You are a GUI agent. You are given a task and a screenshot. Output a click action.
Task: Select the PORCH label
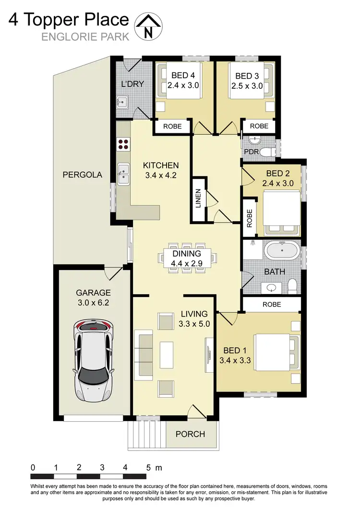pyautogui.click(x=190, y=434)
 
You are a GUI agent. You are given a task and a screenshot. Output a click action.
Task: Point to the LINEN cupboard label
pyautogui.click(x=199, y=201)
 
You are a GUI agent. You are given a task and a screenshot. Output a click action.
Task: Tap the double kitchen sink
pyautogui.click(x=123, y=174)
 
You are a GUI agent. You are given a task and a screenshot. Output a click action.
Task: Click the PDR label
pyautogui.click(x=252, y=152)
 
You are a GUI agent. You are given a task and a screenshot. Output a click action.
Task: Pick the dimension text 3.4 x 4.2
pyautogui.click(x=161, y=175)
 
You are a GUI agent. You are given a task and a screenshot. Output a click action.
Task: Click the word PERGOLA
pyautogui.click(x=83, y=175)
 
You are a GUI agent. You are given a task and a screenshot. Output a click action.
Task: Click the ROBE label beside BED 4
pyautogui.click(x=172, y=126)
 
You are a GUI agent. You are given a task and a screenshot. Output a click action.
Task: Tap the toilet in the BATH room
pyautogui.click(x=292, y=285)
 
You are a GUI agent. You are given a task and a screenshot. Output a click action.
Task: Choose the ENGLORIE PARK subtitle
pyautogui.click(x=85, y=37)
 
